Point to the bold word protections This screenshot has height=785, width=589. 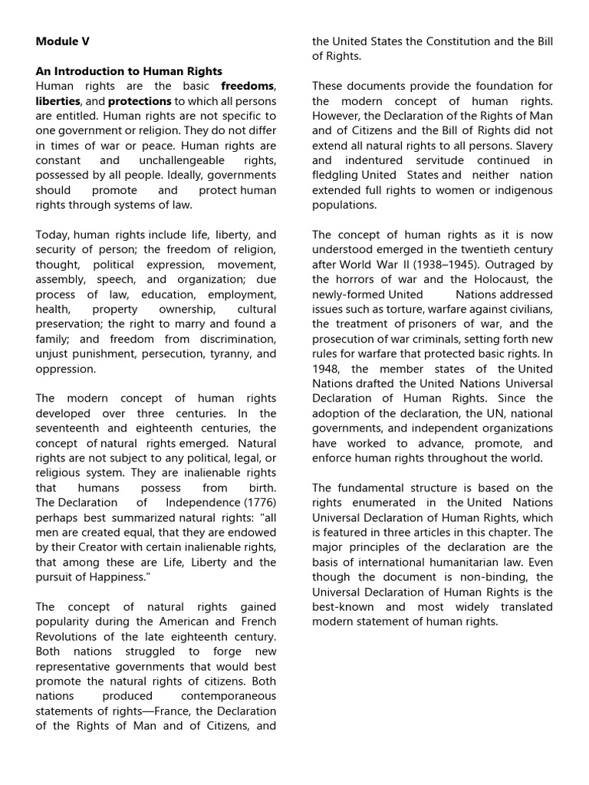[140, 100]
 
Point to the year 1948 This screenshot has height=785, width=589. [326, 369]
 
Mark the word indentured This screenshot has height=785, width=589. [375, 160]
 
